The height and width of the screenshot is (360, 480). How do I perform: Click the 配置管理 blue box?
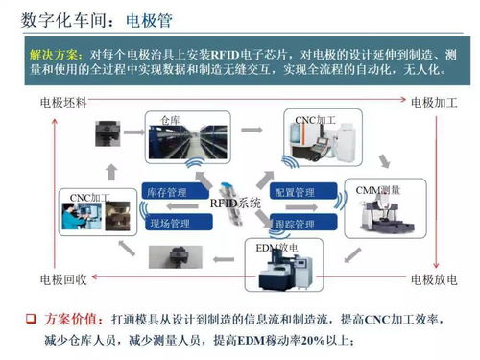pos(294,193)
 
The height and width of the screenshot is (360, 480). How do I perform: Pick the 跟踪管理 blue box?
pos(294,224)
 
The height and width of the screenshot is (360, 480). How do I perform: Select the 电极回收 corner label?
pos(63,278)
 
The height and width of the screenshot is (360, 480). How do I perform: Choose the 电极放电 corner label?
pos(435,278)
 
